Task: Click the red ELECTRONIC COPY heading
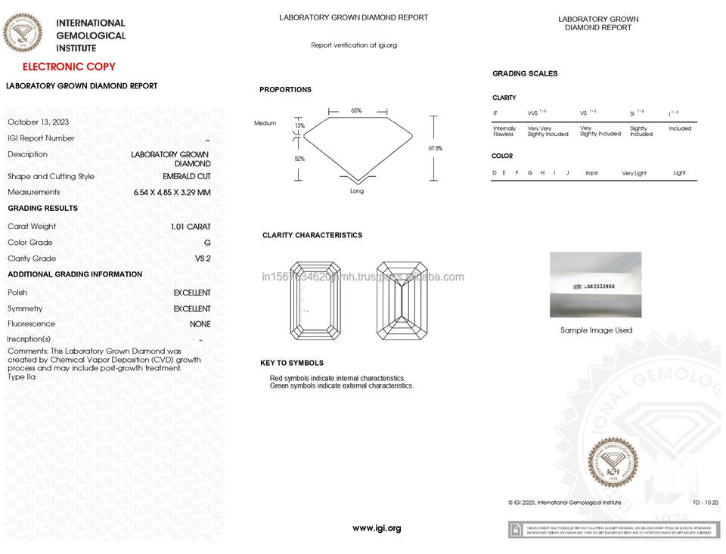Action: point(69,67)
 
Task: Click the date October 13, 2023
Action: point(39,122)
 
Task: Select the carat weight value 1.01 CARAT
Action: point(191,226)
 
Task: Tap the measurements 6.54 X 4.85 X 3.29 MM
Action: point(172,192)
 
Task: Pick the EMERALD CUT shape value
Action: point(187,176)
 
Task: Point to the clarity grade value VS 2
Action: point(203,258)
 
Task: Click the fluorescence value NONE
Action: point(200,324)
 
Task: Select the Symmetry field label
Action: point(25,308)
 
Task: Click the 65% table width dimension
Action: point(356,110)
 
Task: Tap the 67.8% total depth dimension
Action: point(435,148)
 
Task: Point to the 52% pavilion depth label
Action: point(299,159)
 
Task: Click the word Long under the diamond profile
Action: point(357,191)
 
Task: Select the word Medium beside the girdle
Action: point(265,123)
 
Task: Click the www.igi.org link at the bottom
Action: point(377,528)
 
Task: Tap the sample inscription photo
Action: point(595,285)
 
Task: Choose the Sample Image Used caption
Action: point(596,330)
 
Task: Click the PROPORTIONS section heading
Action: point(285,90)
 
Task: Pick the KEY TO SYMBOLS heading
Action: point(292,364)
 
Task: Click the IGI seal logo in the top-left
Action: point(23,33)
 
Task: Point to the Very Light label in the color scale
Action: point(634,173)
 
